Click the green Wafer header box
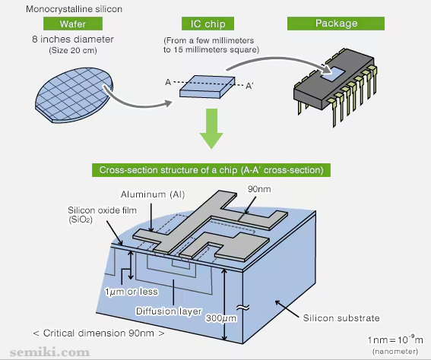click(x=73, y=24)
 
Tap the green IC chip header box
click(x=208, y=24)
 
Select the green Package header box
click(x=336, y=24)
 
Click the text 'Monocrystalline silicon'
click(x=74, y=9)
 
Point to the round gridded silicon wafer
click(x=74, y=95)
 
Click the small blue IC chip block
click(x=208, y=87)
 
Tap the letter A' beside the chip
click(x=249, y=86)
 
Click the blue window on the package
click(x=333, y=74)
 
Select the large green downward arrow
click(x=211, y=128)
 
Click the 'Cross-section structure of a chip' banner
click(x=211, y=170)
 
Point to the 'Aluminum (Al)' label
click(x=153, y=194)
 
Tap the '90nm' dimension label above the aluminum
click(x=259, y=189)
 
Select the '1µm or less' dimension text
click(x=132, y=292)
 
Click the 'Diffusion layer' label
click(x=169, y=311)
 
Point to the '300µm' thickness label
click(x=221, y=318)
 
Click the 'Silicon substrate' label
click(x=341, y=317)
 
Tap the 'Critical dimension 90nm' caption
click(x=99, y=333)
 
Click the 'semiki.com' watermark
click(x=49, y=352)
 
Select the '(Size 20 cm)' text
click(x=73, y=51)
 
